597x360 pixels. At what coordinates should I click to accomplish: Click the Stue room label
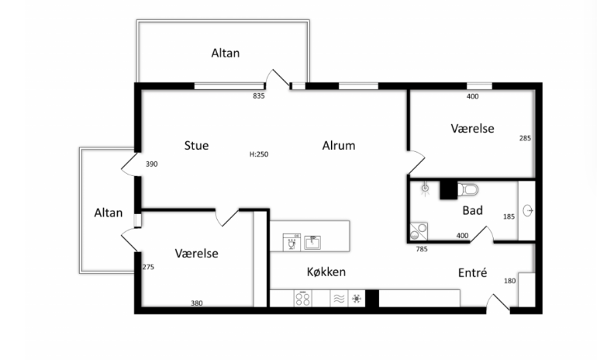[196, 146]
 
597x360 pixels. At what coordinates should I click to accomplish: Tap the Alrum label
[339, 146]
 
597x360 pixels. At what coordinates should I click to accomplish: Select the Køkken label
[326, 272]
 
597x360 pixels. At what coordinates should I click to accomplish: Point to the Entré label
[472, 272]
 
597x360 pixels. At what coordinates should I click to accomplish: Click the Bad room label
[472, 210]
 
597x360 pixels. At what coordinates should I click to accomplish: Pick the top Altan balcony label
[226, 53]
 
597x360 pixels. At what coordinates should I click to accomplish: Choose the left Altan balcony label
[108, 213]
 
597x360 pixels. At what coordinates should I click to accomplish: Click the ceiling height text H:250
[259, 154]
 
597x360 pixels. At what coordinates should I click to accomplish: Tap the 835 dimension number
[258, 96]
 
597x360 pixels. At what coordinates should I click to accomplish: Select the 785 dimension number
[422, 249]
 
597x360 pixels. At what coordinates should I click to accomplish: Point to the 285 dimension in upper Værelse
[525, 138]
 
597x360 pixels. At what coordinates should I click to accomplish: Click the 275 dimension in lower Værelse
[148, 267]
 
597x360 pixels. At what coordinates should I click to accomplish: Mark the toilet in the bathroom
[468, 189]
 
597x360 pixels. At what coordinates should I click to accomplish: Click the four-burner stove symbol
[302, 298]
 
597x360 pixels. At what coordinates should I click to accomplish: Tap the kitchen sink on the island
[312, 243]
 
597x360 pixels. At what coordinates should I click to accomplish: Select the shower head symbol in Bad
[426, 189]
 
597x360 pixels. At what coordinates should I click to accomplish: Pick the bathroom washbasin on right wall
[527, 210]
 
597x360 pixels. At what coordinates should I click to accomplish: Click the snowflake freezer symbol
[357, 299]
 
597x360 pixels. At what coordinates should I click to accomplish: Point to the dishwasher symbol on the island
[292, 242]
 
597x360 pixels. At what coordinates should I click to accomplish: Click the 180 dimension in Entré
[510, 281]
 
